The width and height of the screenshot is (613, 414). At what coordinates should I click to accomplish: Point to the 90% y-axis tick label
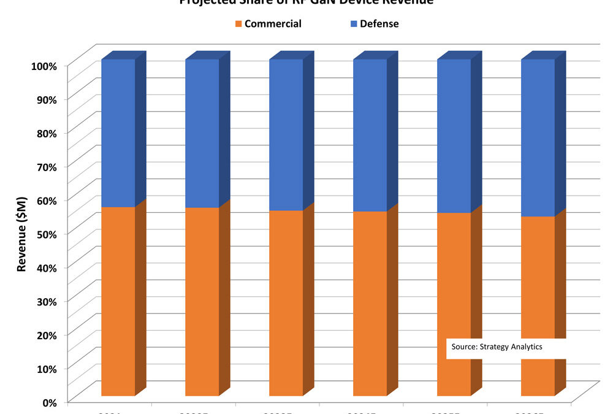(x=45, y=99)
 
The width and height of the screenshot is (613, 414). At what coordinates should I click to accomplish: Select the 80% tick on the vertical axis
(x=45, y=133)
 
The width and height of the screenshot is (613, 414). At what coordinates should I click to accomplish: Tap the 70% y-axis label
(x=45, y=167)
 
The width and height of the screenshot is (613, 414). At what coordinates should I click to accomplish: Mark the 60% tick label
(x=45, y=201)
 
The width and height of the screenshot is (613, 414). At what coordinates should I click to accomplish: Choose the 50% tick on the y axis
(x=45, y=234)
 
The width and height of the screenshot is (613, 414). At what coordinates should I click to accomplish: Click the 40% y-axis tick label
(x=45, y=268)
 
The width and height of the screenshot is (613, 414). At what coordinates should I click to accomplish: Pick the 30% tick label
(x=45, y=302)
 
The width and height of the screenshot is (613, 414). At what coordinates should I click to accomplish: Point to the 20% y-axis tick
(x=45, y=335)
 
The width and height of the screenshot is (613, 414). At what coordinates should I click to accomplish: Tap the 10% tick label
(x=45, y=369)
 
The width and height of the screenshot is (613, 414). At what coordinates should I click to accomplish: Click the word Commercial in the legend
(x=272, y=24)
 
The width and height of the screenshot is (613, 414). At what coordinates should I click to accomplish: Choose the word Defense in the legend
(x=379, y=24)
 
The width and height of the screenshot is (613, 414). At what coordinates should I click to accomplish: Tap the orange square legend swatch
(x=238, y=25)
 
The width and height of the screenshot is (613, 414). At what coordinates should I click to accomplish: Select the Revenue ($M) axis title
(x=22, y=234)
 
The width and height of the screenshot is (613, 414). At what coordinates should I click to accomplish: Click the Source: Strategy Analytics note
(x=497, y=347)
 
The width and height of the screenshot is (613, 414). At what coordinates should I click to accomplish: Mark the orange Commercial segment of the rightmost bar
(x=538, y=282)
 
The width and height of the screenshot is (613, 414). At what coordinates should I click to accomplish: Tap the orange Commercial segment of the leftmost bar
(x=118, y=301)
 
